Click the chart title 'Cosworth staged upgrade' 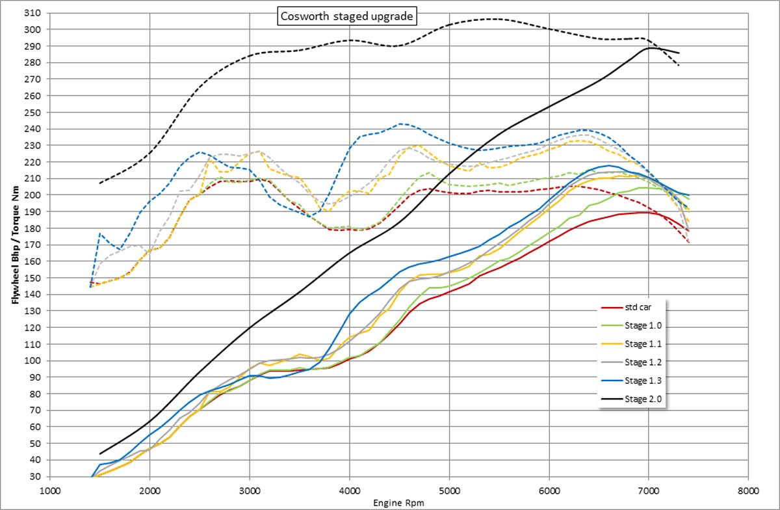tap(346, 16)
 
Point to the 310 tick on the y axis tap(32, 13)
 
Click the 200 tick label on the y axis tap(32, 195)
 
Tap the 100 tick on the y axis tap(32, 360)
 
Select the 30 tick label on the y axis tap(35, 476)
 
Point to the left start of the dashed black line tap(100, 183)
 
